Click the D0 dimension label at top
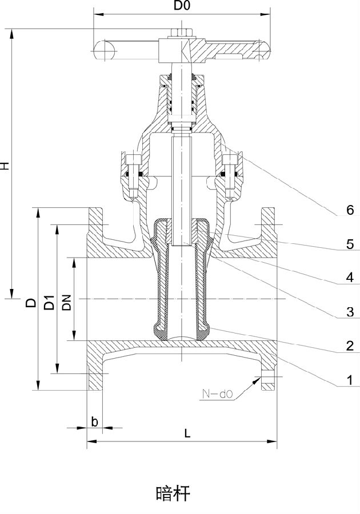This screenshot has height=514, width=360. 182,6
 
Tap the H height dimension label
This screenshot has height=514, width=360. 5,166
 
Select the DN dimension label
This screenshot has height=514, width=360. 66,302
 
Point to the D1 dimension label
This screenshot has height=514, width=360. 49,302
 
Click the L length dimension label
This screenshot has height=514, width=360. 187,433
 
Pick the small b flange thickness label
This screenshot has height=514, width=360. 94,421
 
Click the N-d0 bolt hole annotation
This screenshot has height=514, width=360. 217,393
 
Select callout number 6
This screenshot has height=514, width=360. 350,210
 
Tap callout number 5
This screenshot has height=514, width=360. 350,244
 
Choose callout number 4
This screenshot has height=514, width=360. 350,278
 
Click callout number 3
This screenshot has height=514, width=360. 350,312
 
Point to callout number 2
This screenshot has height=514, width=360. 350,346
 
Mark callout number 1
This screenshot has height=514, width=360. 350,380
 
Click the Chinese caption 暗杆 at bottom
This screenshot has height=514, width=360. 173,493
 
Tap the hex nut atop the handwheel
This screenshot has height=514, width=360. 181,34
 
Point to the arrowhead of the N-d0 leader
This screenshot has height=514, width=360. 257,379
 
